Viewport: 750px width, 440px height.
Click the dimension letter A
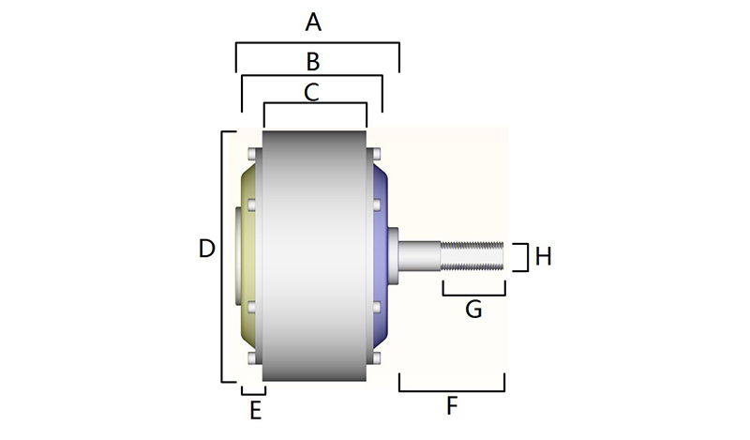315,21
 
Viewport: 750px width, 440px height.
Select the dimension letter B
314,62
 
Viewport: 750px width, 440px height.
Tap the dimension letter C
313,93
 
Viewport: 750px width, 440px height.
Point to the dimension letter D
207,249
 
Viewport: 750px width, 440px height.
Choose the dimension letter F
452,406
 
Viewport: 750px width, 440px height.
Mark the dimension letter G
474,308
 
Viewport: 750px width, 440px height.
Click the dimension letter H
544,255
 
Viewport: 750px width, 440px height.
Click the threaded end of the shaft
473,255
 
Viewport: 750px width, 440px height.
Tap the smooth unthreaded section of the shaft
420,255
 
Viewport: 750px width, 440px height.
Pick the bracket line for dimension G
474,295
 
